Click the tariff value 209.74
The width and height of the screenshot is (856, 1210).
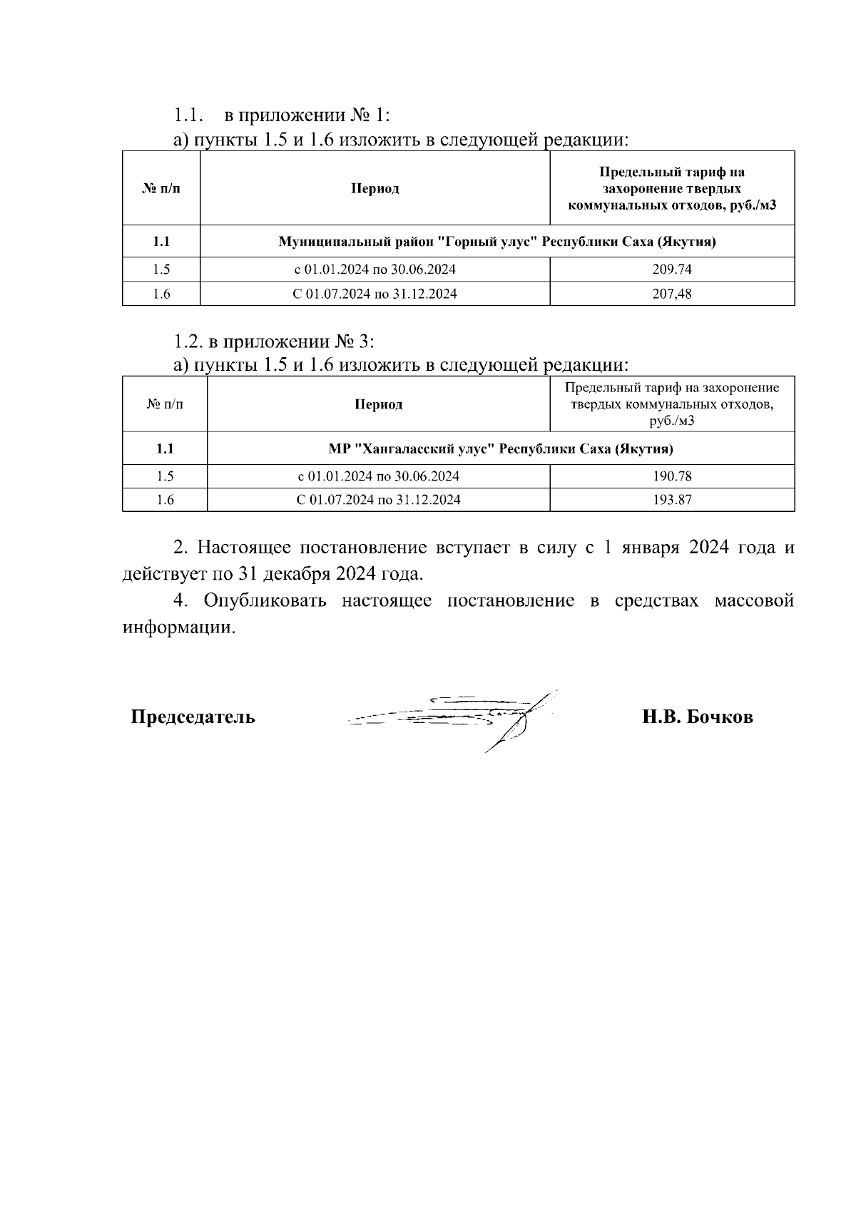[672, 270]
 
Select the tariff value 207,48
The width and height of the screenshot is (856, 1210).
[672, 294]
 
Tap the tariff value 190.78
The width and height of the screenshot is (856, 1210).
[672, 476]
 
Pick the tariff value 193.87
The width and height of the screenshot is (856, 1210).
[672, 500]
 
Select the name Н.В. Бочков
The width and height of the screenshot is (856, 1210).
[697, 717]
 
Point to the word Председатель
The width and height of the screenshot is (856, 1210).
[193, 717]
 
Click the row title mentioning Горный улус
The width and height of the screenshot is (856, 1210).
[496, 242]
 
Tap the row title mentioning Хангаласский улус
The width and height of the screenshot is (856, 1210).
[501, 449]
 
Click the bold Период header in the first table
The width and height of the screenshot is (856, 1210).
[374, 189]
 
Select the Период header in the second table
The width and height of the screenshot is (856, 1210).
[379, 404]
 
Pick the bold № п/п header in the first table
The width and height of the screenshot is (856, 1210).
[161, 189]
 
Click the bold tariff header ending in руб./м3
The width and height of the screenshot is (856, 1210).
[672, 189]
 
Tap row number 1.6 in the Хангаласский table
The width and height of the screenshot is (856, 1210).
[165, 500]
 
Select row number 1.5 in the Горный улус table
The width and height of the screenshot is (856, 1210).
[161, 270]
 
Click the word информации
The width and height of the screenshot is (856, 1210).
[178, 627]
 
